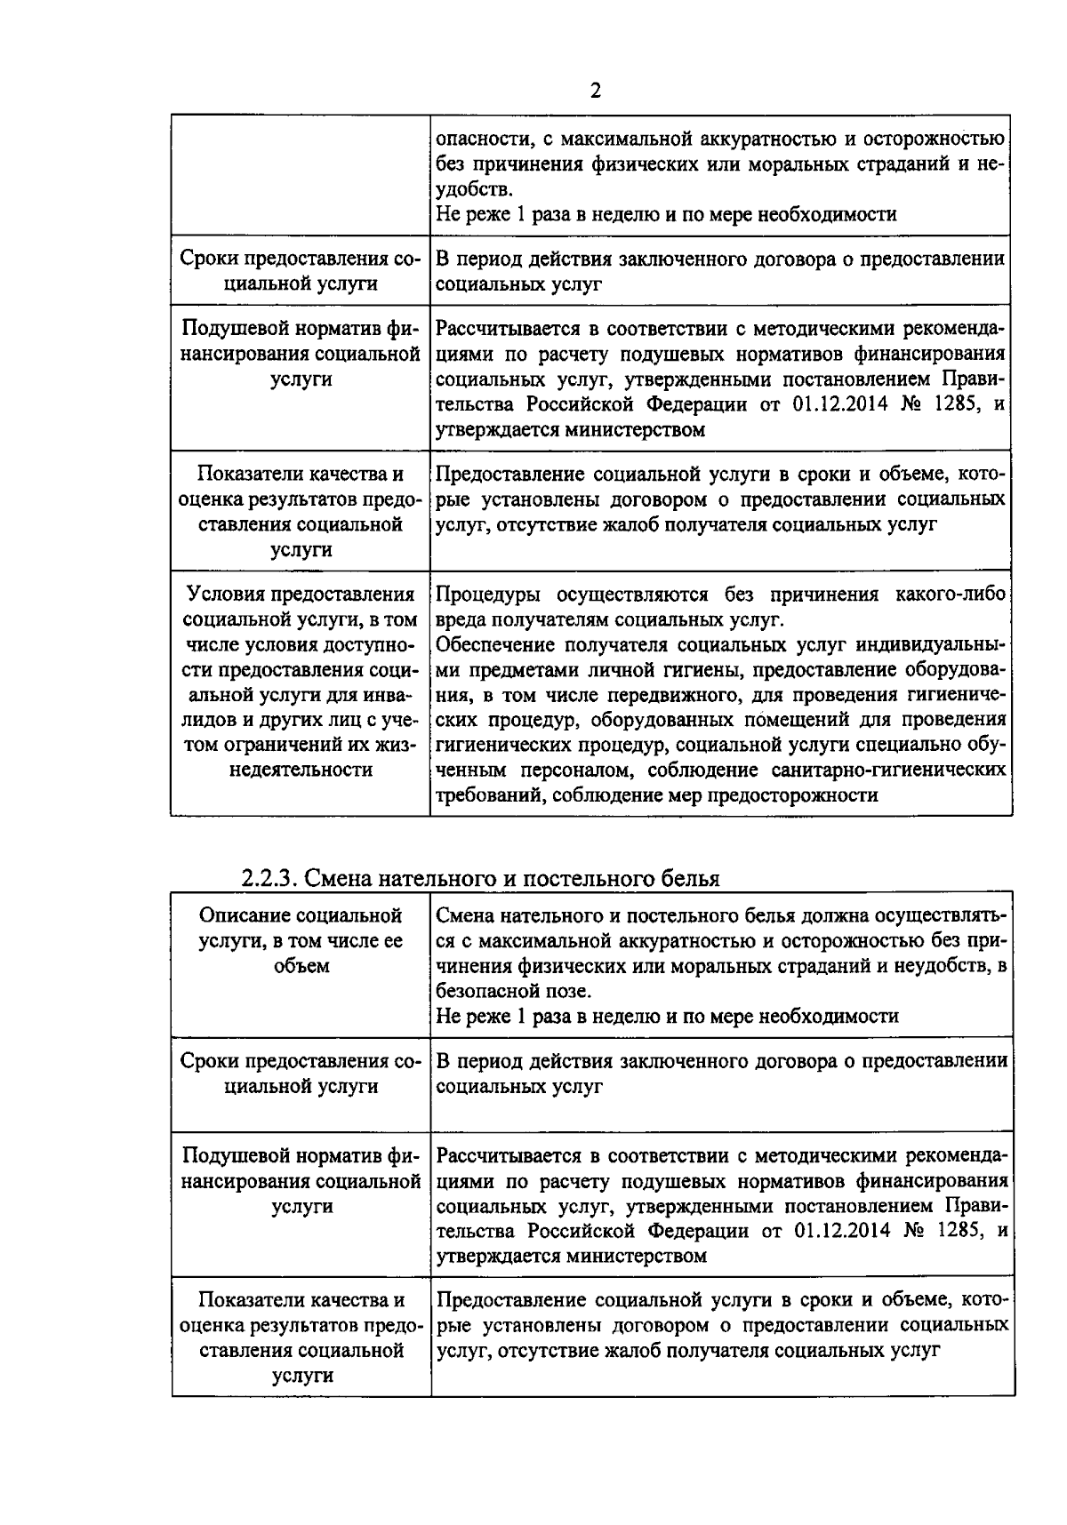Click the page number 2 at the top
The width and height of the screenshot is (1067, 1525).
coord(595,91)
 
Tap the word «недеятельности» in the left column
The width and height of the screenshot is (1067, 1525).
coord(301,770)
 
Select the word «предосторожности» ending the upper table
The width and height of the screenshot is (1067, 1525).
coord(792,794)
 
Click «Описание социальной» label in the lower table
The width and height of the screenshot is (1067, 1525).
coord(301,915)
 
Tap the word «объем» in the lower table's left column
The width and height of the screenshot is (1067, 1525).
coord(301,965)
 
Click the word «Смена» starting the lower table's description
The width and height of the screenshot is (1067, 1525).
coord(466,915)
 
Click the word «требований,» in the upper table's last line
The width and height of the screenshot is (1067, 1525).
coord(488,794)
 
